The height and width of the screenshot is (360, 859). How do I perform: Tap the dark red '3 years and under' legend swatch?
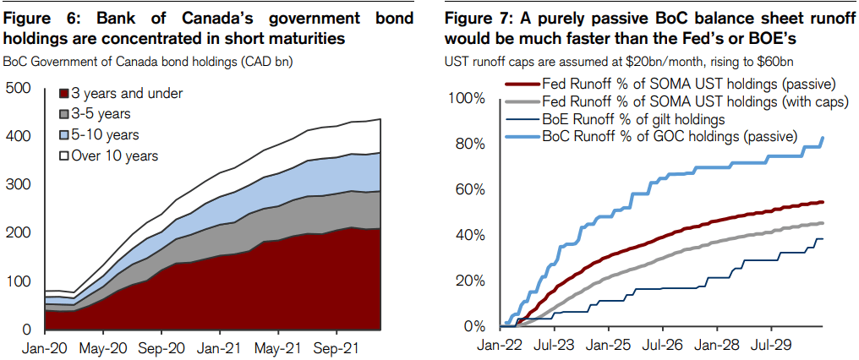(63, 93)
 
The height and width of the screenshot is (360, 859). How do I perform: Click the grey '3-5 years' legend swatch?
(63, 113)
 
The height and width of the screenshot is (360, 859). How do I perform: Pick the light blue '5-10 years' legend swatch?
(63, 134)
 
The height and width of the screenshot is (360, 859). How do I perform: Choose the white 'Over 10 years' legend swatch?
(63, 155)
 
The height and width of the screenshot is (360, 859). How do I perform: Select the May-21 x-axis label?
(278, 346)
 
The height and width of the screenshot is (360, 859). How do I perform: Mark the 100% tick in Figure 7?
(466, 99)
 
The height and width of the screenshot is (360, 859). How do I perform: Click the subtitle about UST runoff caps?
(618, 61)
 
